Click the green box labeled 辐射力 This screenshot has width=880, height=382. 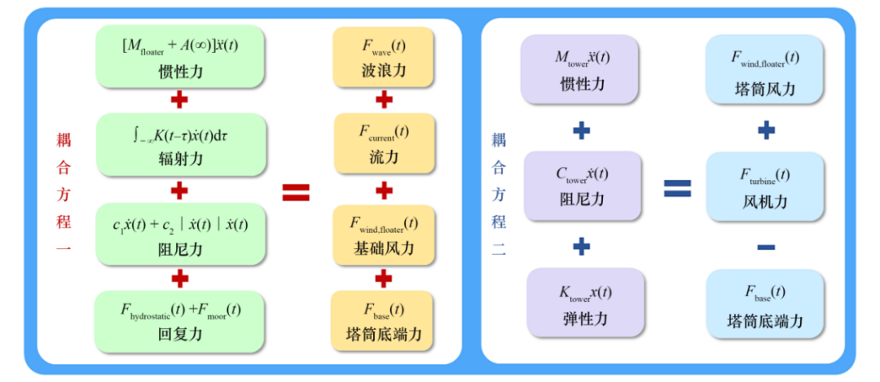[180, 144]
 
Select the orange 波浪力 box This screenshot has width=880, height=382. [384, 56]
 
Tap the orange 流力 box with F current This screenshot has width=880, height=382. [384, 143]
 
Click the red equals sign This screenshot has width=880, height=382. [296, 191]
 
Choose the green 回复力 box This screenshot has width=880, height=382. [180, 321]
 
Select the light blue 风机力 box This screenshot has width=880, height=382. [765, 187]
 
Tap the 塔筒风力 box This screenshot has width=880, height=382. [765, 70]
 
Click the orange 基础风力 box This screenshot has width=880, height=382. [384, 234]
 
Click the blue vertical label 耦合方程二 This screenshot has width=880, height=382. [499, 193]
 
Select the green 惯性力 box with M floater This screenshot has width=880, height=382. [180, 56]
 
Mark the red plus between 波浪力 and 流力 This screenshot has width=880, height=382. [384, 99]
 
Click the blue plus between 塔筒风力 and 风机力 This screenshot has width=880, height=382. [765, 130]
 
